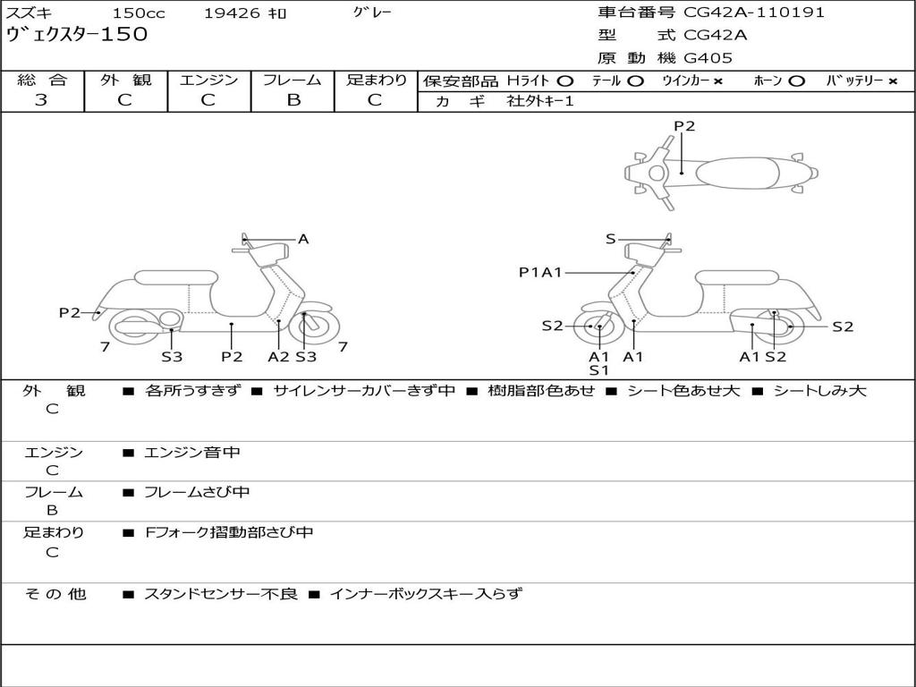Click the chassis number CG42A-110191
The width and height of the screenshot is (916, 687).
754,13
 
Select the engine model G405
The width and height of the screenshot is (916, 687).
708,58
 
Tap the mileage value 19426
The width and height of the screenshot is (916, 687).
232,13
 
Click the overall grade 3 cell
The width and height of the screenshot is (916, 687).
41,100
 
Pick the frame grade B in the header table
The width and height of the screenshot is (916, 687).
293,100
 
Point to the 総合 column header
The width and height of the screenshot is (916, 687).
42,81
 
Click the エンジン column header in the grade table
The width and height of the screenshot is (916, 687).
208,81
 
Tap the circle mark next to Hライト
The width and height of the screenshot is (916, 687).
565,81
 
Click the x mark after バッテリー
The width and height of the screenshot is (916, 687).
893,81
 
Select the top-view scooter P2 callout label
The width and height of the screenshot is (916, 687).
684,126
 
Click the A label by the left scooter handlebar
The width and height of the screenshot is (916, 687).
303,239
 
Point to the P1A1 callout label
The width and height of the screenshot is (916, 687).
540,272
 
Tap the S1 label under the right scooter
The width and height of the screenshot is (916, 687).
598,370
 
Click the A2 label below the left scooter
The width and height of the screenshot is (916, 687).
279,357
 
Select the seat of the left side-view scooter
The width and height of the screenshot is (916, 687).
175,277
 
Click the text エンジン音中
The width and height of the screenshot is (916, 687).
192,453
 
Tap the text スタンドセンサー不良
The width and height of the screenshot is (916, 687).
220,593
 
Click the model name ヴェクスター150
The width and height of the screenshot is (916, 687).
77,35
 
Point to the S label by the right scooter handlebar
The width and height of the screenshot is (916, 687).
611,239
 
